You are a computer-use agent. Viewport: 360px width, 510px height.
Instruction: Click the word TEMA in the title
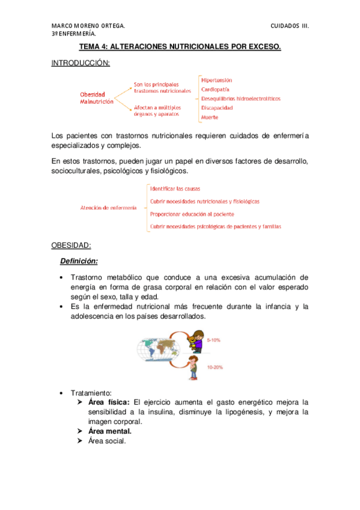coord(89,46)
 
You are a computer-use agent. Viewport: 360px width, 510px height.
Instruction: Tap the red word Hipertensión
coord(216,80)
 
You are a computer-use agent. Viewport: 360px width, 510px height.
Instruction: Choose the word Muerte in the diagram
coord(209,118)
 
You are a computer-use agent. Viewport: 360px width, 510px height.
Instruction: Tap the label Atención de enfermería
coord(108,207)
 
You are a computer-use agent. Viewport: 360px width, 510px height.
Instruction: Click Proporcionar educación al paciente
coord(192,214)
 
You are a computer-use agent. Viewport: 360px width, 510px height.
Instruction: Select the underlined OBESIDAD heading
coord(71,245)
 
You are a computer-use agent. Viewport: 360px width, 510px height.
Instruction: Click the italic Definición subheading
coord(78,261)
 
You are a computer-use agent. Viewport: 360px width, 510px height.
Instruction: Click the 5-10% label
coord(213,340)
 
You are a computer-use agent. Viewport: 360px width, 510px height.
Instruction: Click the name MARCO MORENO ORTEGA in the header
coord(88,26)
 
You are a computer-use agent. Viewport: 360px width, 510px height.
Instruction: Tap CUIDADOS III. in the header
coord(290,26)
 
